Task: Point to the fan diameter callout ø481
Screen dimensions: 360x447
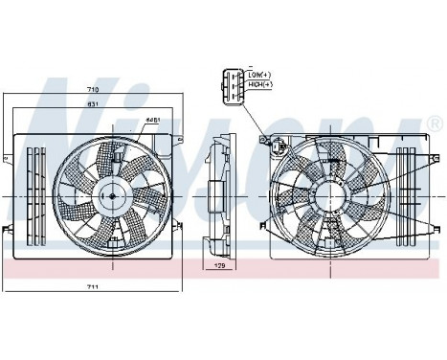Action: [151, 121]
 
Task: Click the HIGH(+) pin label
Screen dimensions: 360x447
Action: [260, 84]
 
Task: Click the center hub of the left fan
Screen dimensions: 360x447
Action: [111, 196]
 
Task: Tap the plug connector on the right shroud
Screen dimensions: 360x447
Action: [278, 146]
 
